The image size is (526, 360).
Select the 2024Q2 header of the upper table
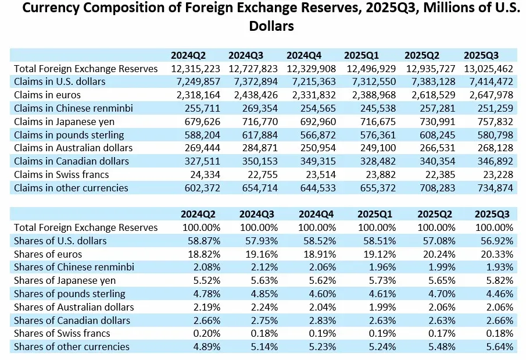pyautogui.click(x=188, y=55)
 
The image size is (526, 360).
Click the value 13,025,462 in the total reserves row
pyautogui.click(x=489, y=69)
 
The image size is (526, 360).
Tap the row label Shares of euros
pyautogui.click(x=48, y=254)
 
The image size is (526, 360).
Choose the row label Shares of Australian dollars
pyautogui.click(x=74, y=307)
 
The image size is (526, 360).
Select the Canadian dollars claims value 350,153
pyautogui.click(x=260, y=161)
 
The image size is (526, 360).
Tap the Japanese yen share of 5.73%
pyautogui.click(x=382, y=281)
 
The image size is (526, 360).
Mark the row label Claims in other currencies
pyautogui.click(x=71, y=188)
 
